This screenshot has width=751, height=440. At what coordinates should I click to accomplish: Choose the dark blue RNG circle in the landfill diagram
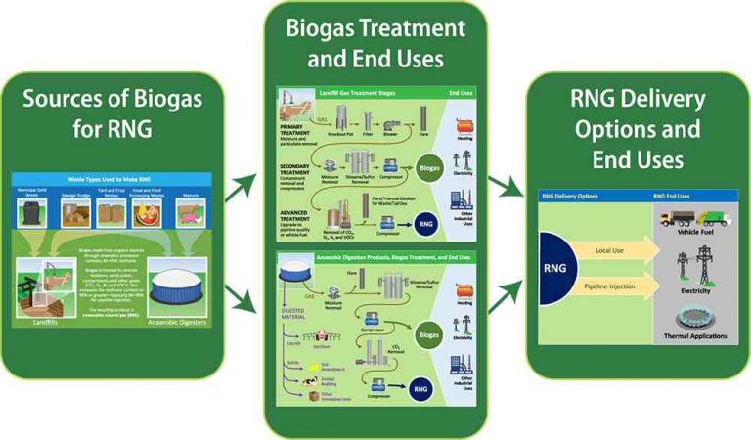point(426,224)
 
